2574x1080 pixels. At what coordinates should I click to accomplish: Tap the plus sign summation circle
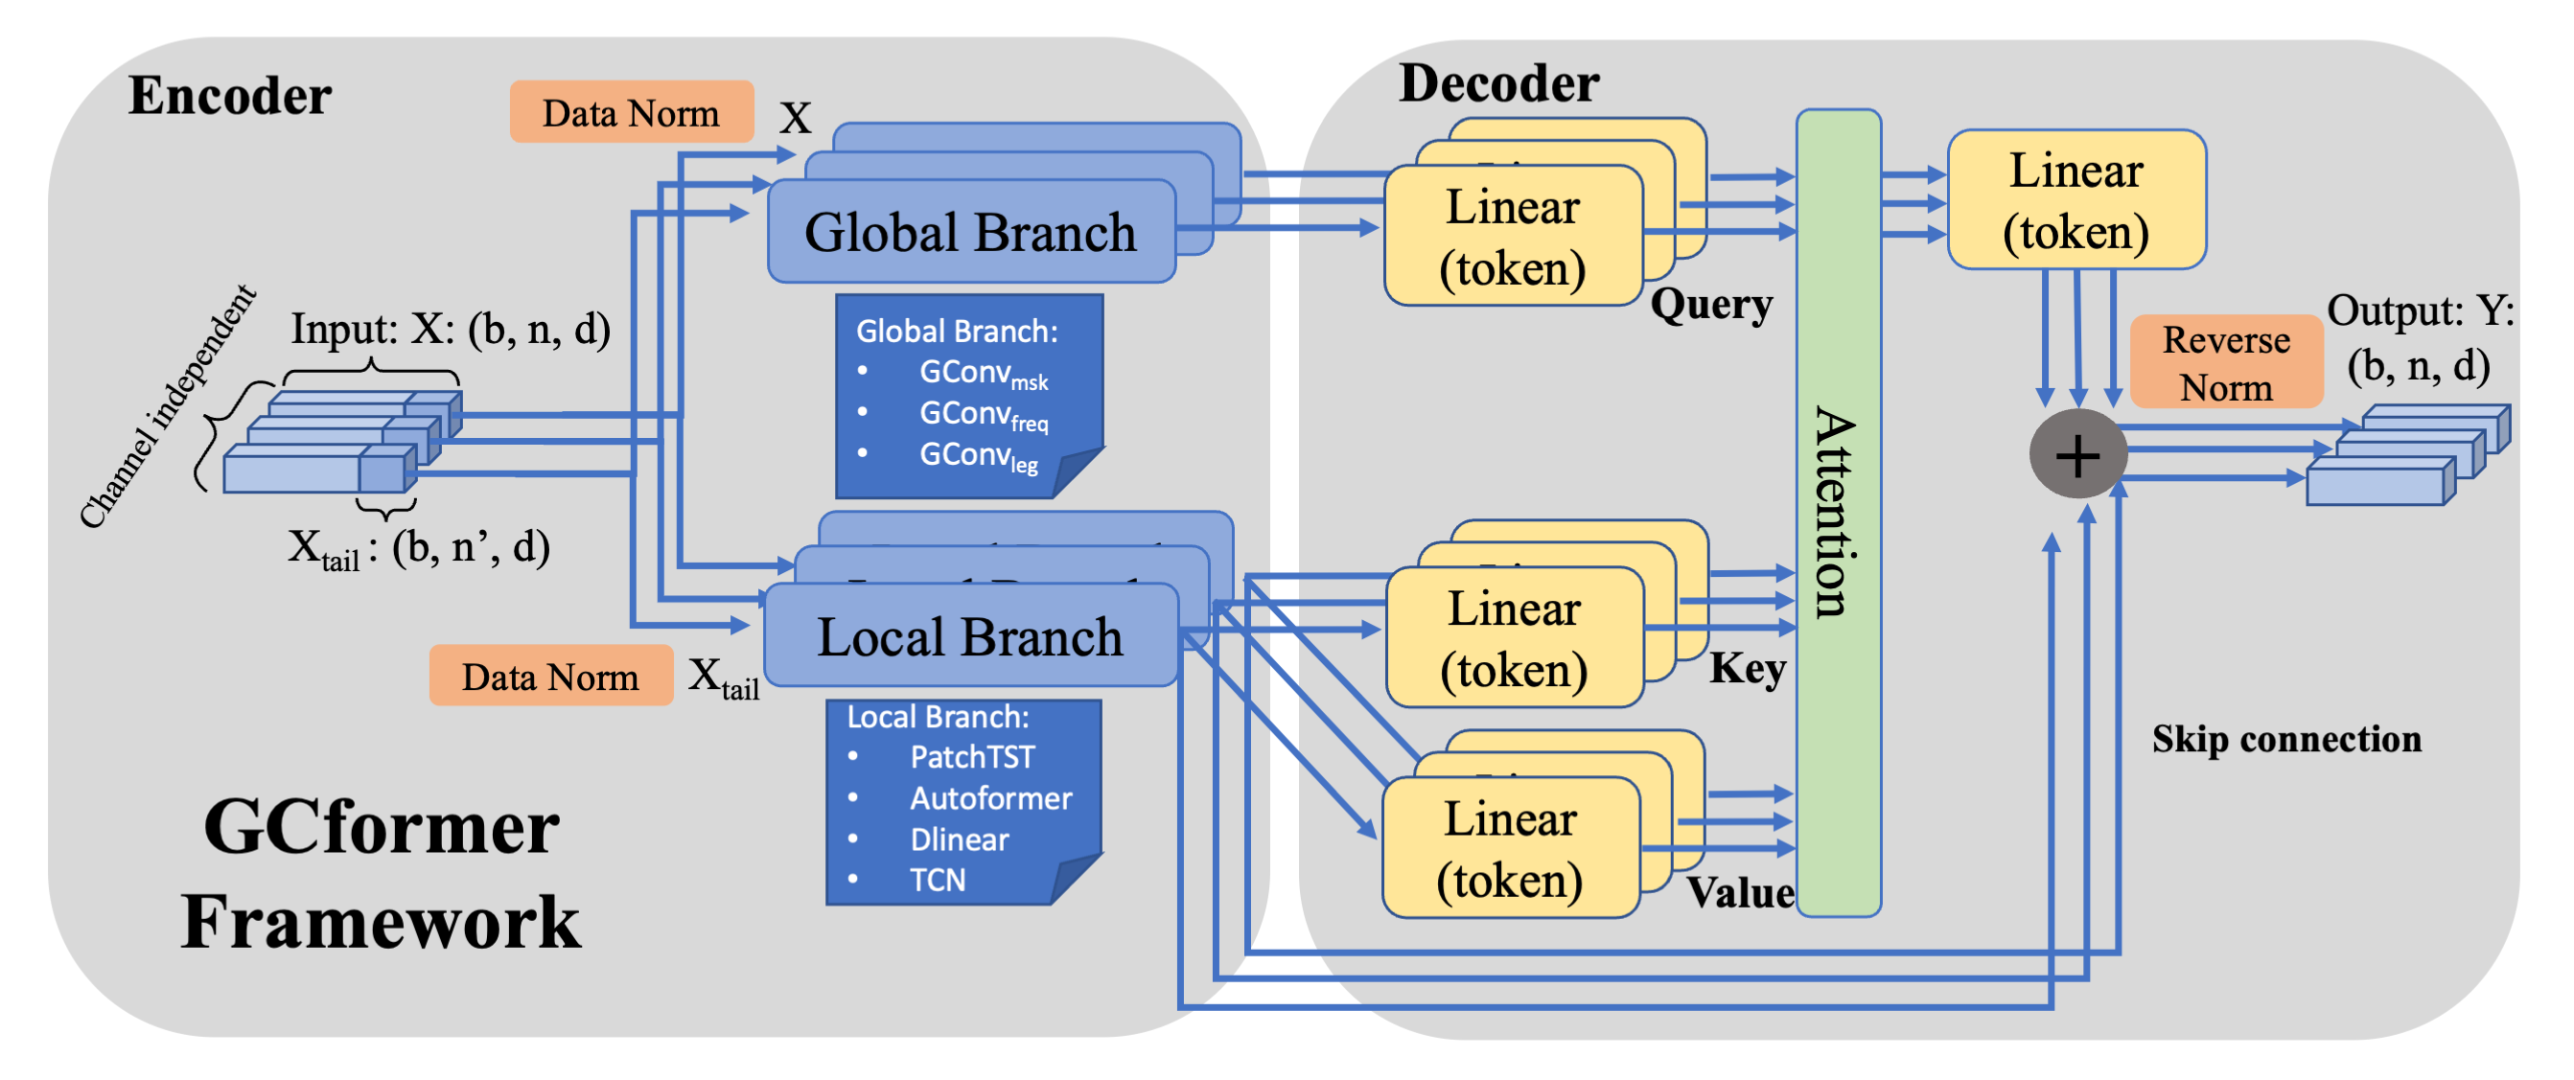tap(2077, 454)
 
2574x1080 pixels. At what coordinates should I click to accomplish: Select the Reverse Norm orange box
tap(2225, 362)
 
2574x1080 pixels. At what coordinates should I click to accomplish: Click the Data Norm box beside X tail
tap(550, 678)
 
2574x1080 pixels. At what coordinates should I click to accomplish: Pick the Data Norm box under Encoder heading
tap(631, 113)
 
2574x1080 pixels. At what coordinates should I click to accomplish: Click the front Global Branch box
tap(970, 232)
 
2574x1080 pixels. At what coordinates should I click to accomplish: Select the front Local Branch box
tap(970, 636)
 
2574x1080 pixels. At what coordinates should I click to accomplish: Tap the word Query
tap(1710, 304)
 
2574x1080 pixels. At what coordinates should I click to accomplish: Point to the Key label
tap(1747, 668)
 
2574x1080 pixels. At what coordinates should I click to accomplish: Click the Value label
tap(1740, 892)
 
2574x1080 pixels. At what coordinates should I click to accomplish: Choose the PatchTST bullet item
tap(971, 757)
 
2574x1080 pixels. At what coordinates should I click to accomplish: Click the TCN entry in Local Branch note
tap(937, 880)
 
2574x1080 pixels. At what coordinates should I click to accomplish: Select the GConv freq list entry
tap(983, 416)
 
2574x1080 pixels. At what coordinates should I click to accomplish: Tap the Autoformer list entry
tap(989, 798)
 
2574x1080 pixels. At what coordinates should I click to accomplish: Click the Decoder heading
tap(1497, 83)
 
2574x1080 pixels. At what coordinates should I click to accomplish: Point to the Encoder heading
tap(230, 96)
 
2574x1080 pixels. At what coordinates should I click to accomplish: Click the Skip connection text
tap(2286, 739)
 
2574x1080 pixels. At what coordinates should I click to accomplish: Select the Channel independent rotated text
tap(167, 405)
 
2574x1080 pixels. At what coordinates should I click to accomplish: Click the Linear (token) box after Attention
tap(2075, 200)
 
